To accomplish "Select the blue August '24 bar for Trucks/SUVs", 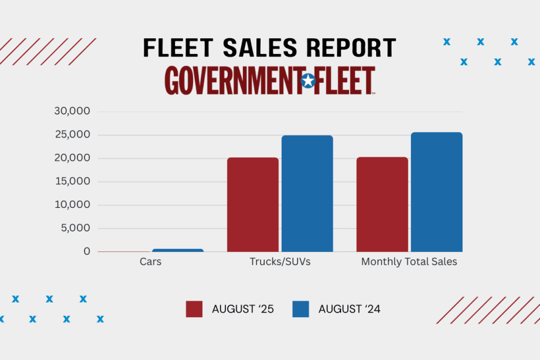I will coord(307,193).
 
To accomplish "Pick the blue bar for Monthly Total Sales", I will coord(436,192).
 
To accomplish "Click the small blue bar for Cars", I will coord(178,250).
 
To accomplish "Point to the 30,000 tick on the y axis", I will coord(73,112).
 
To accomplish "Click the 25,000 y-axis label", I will coord(73,135).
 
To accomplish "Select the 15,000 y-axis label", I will coord(73,181).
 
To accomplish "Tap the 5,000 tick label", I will coord(76,228).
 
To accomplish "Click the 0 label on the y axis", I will coord(87,251).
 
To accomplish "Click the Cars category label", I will coord(150,262).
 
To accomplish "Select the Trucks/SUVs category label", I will coord(280,262).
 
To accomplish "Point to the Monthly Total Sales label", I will coord(409,262).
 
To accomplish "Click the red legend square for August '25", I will coord(194,309).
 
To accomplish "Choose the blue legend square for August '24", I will coord(301,309).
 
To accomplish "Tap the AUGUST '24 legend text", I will coord(349,309).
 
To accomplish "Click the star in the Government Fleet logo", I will coord(308,81).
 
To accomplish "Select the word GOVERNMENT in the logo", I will coord(232,81).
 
